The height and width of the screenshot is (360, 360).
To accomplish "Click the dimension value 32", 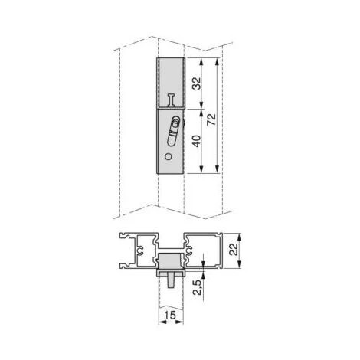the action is click(197, 83).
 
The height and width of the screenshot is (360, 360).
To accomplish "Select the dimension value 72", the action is click(211, 119).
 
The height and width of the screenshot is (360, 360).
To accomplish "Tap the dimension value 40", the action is click(197, 141).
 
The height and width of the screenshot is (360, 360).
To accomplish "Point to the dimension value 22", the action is click(234, 249).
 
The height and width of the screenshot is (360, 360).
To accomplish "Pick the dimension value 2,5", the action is click(197, 286).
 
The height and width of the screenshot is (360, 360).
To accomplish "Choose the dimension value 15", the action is click(170, 315).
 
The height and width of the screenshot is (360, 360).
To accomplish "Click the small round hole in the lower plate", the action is click(168, 157).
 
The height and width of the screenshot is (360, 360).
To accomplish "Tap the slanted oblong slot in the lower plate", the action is click(173, 132).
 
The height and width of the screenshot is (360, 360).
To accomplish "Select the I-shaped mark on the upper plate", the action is click(172, 100).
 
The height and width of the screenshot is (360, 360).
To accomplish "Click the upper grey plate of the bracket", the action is click(171, 83).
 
